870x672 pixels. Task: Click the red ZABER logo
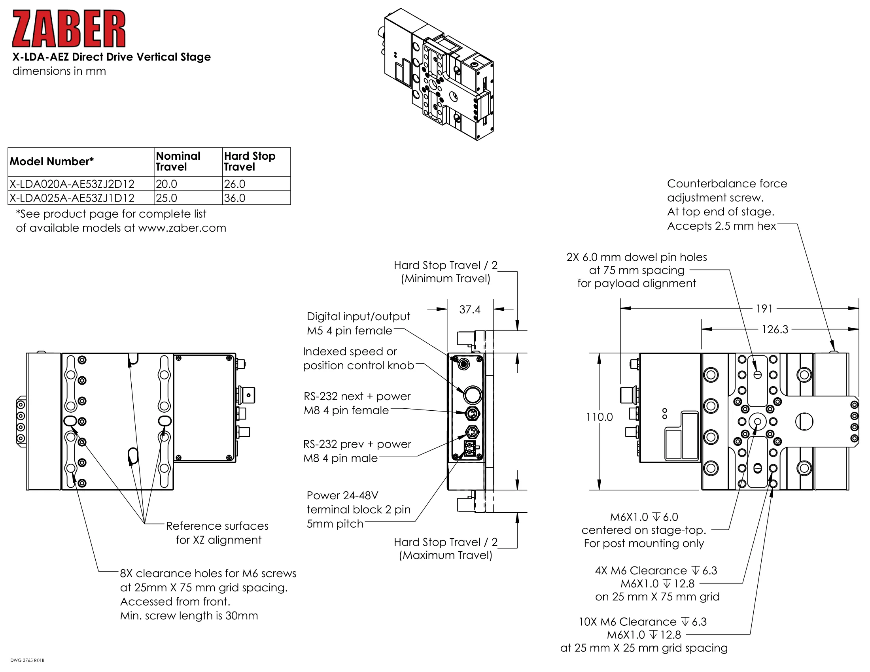[x=68, y=29]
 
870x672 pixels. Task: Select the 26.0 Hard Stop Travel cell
[x=256, y=184]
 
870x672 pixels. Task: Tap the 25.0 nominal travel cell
[x=187, y=198]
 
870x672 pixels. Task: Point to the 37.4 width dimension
[x=470, y=310]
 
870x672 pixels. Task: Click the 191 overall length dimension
[x=764, y=309]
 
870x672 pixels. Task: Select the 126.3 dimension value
[x=775, y=329]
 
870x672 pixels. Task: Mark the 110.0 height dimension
[x=599, y=417]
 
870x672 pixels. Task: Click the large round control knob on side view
[x=473, y=395]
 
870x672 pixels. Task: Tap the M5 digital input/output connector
[x=463, y=363]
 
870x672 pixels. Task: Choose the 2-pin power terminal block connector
[x=470, y=448]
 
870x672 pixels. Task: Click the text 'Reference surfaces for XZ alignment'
[x=217, y=533]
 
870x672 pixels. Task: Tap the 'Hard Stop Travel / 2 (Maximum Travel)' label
[x=445, y=548]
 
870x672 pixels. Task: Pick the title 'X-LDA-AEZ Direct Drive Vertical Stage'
[x=112, y=57]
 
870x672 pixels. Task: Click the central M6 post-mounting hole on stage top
[x=757, y=422]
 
